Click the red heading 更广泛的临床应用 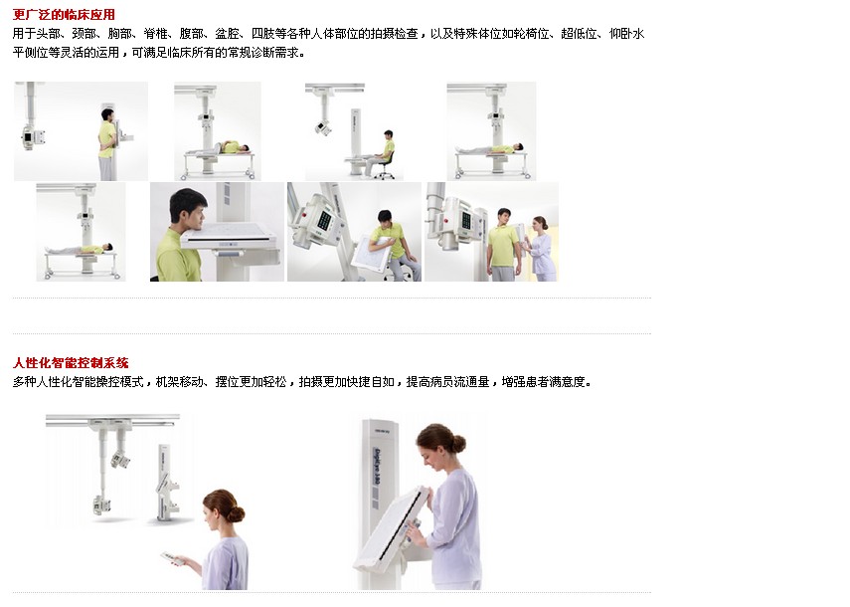[64, 15]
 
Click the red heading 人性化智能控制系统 [71, 363]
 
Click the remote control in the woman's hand [172, 558]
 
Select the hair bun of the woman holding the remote [237, 512]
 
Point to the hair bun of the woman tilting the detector [458, 444]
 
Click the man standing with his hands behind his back [107, 144]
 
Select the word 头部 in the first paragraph [48, 34]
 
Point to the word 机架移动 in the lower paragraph [179, 382]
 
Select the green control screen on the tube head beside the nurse [465, 220]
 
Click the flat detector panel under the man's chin [232, 236]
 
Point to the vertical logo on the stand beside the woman [376, 467]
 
